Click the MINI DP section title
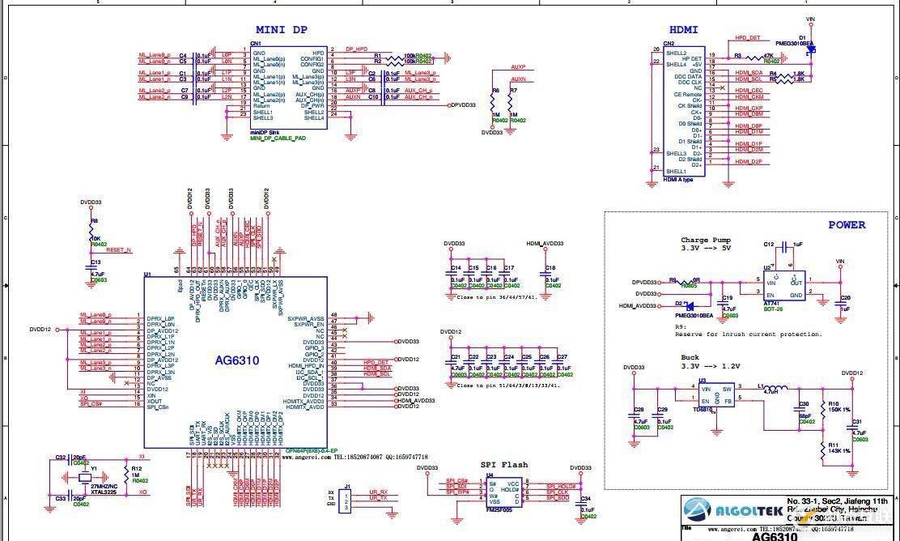pos(282,30)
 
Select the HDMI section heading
pos(684,30)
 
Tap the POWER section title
pos(847,224)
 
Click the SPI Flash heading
pos(503,464)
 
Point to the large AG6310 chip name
pos(236,360)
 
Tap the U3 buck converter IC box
pos(716,394)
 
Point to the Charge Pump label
pos(706,240)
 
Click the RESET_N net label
pos(118,250)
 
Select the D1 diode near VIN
pos(810,50)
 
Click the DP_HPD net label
pos(356,49)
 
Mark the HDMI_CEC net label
pos(748,90)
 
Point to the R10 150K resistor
pos(823,408)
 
